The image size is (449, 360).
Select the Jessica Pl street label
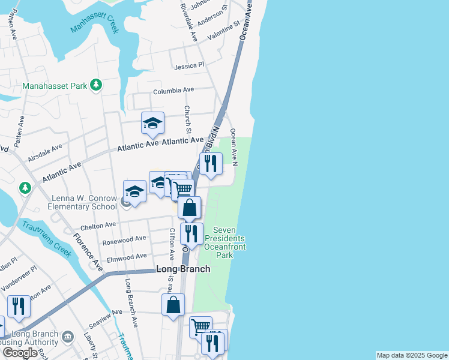190,65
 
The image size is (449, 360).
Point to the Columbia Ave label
173,91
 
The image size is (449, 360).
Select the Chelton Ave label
98,225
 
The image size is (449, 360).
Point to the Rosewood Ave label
124,238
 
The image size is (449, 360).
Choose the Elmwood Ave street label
126,256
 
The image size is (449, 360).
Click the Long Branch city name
183,269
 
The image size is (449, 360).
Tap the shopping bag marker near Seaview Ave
173,304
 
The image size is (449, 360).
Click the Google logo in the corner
20,353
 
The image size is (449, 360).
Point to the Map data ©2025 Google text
412,355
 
